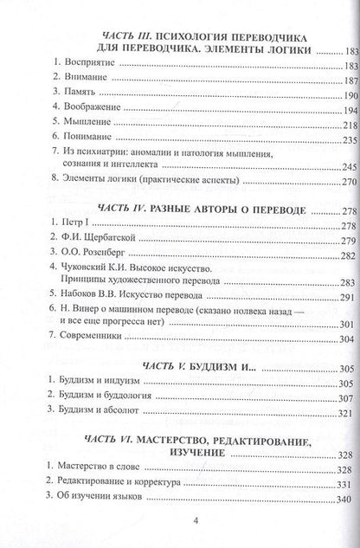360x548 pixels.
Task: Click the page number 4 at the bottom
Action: click(181, 522)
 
